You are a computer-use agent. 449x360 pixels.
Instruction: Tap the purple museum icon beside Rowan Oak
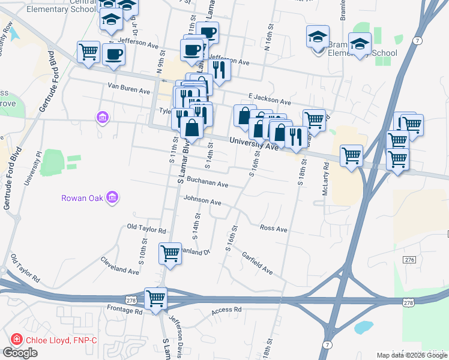click(x=112, y=197)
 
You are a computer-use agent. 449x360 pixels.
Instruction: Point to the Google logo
click(x=20, y=353)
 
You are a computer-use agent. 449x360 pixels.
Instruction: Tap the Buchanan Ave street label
click(x=207, y=182)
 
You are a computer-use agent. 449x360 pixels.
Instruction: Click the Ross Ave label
click(x=274, y=229)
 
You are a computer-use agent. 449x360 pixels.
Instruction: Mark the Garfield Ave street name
click(x=258, y=263)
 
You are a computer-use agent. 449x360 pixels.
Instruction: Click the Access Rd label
click(x=226, y=310)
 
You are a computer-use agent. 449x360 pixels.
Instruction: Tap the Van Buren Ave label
click(x=128, y=90)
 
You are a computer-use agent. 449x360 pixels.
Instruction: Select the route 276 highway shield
click(x=409, y=259)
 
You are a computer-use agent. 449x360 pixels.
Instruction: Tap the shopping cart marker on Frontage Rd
click(x=156, y=298)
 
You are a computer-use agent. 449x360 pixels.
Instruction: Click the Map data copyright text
click(x=412, y=355)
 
